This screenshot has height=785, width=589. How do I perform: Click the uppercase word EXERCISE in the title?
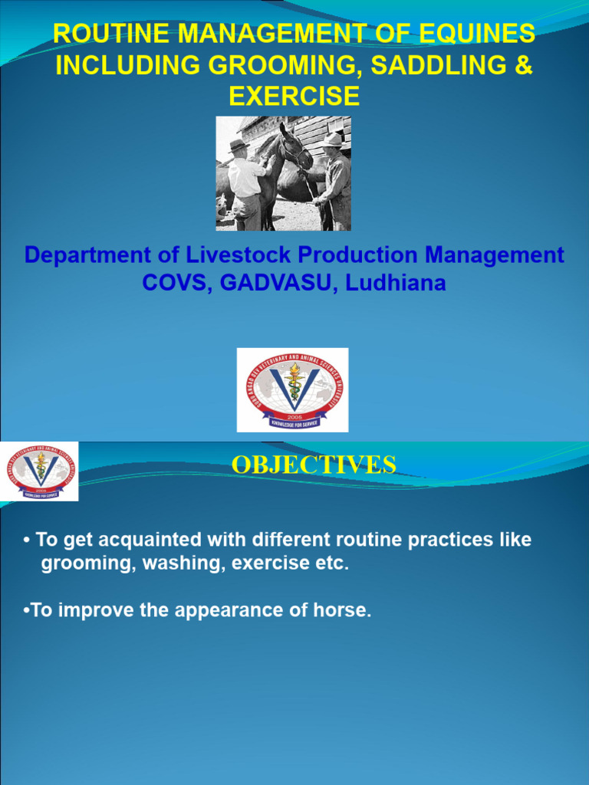point(294,96)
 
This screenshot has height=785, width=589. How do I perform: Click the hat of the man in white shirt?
point(239,146)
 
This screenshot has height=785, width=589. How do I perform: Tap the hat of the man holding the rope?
point(333,140)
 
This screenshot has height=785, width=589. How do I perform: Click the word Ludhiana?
point(396,282)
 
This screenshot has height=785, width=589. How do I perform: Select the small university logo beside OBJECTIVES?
point(39,471)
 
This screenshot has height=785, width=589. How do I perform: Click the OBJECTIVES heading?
point(314,465)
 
